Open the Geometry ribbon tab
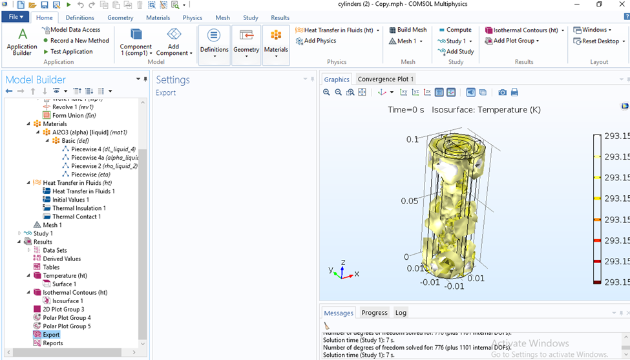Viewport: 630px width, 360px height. pos(120,17)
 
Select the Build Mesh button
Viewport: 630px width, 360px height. pos(407,30)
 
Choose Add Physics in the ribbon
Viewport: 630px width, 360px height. pos(316,41)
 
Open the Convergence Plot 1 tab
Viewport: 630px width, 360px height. pos(386,79)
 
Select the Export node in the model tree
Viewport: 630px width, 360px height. pos(51,335)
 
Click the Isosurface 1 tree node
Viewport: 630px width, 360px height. pos(67,301)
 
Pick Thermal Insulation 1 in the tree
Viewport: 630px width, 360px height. pos(79,208)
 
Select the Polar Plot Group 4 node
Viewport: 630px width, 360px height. pos(67,318)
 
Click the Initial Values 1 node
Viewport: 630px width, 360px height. pos(70,200)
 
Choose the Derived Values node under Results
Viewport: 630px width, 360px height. pos(61,259)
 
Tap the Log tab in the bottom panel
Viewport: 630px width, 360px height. pos(401,313)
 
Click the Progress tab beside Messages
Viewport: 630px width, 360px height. pos(374,313)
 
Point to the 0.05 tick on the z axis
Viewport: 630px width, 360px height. pos(409,201)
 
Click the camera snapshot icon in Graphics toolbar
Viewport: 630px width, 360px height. pos(502,92)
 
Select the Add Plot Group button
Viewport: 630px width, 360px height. pos(515,41)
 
